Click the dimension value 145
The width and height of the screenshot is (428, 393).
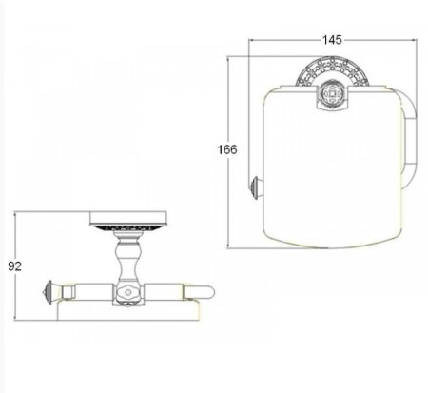coord(332,40)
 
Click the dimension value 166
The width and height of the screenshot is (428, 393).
coord(227,149)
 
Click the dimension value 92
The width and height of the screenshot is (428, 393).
coord(14,266)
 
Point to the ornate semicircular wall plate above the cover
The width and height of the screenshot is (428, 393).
coord(332,71)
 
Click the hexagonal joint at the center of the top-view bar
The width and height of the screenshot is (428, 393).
coord(128,292)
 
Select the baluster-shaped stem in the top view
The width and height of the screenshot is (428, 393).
coord(127,257)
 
